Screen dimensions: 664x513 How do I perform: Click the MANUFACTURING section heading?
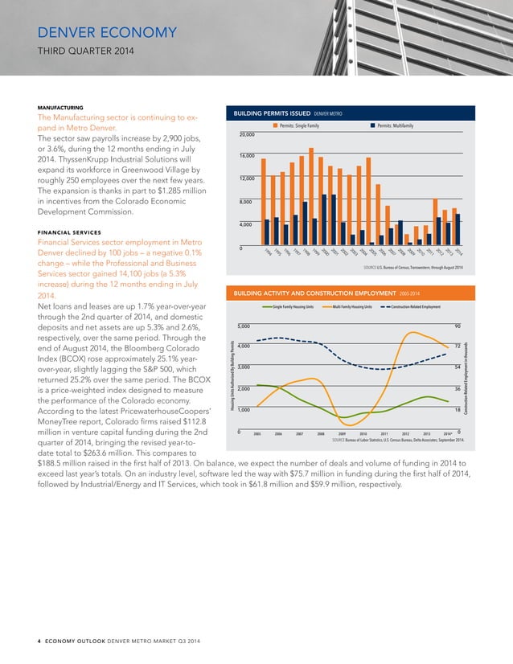click(x=64, y=107)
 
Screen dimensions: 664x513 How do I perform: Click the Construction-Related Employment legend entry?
click(x=415, y=306)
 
